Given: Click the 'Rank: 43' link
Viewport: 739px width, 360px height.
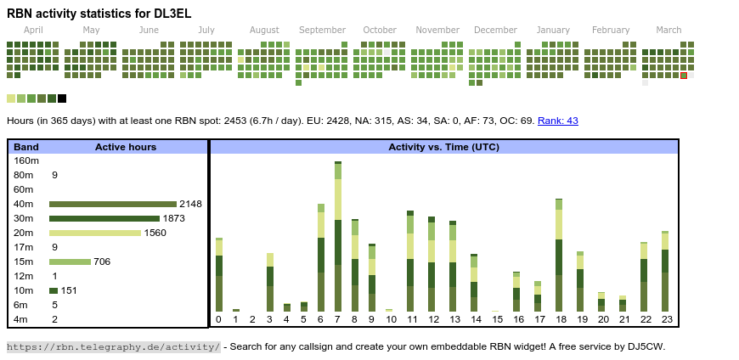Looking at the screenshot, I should pyautogui.click(x=557, y=121).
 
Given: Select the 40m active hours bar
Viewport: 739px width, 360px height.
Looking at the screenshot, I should pyautogui.click(x=113, y=204).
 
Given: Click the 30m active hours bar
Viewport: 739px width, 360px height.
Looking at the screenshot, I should pyautogui.click(x=104, y=218).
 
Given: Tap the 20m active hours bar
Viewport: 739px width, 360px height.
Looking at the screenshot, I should pyautogui.click(x=94, y=233).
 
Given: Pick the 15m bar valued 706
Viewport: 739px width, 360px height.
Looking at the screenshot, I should pyautogui.click(x=70, y=262).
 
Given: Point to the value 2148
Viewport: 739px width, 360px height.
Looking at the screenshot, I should pyautogui.click(x=190, y=204).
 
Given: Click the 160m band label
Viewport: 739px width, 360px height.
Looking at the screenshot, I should pyautogui.click(x=26, y=160).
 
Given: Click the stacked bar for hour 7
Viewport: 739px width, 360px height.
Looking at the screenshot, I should pyautogui.click(x=338, y=237).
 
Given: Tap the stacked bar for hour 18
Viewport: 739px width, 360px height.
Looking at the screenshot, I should pyautogui.click(x=559, y=256).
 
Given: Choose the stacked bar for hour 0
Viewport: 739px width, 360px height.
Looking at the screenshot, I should pyautogui.click(x=218, y=275).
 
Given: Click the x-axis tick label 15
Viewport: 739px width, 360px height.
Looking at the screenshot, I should pyautogui.click(x=497, y=319).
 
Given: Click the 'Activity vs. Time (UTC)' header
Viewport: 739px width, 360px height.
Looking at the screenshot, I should pyautogui.click(x=443, y=147).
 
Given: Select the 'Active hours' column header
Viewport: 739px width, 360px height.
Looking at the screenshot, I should pyautogui.click(x=126, y=147).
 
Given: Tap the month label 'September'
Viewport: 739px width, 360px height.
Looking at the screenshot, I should pyautogui.click(x=322, y=30).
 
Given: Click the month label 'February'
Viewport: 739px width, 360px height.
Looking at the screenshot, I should pyautogui.click(x=611, y=30).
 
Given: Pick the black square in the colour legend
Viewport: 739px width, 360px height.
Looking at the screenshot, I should pyautogui.click(x=62, y=98).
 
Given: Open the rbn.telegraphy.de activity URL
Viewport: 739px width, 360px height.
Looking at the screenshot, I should pyautogui.click(x=113, y=346).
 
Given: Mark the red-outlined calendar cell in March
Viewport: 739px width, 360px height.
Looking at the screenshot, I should pyautogui.click(x=684, y=76).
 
